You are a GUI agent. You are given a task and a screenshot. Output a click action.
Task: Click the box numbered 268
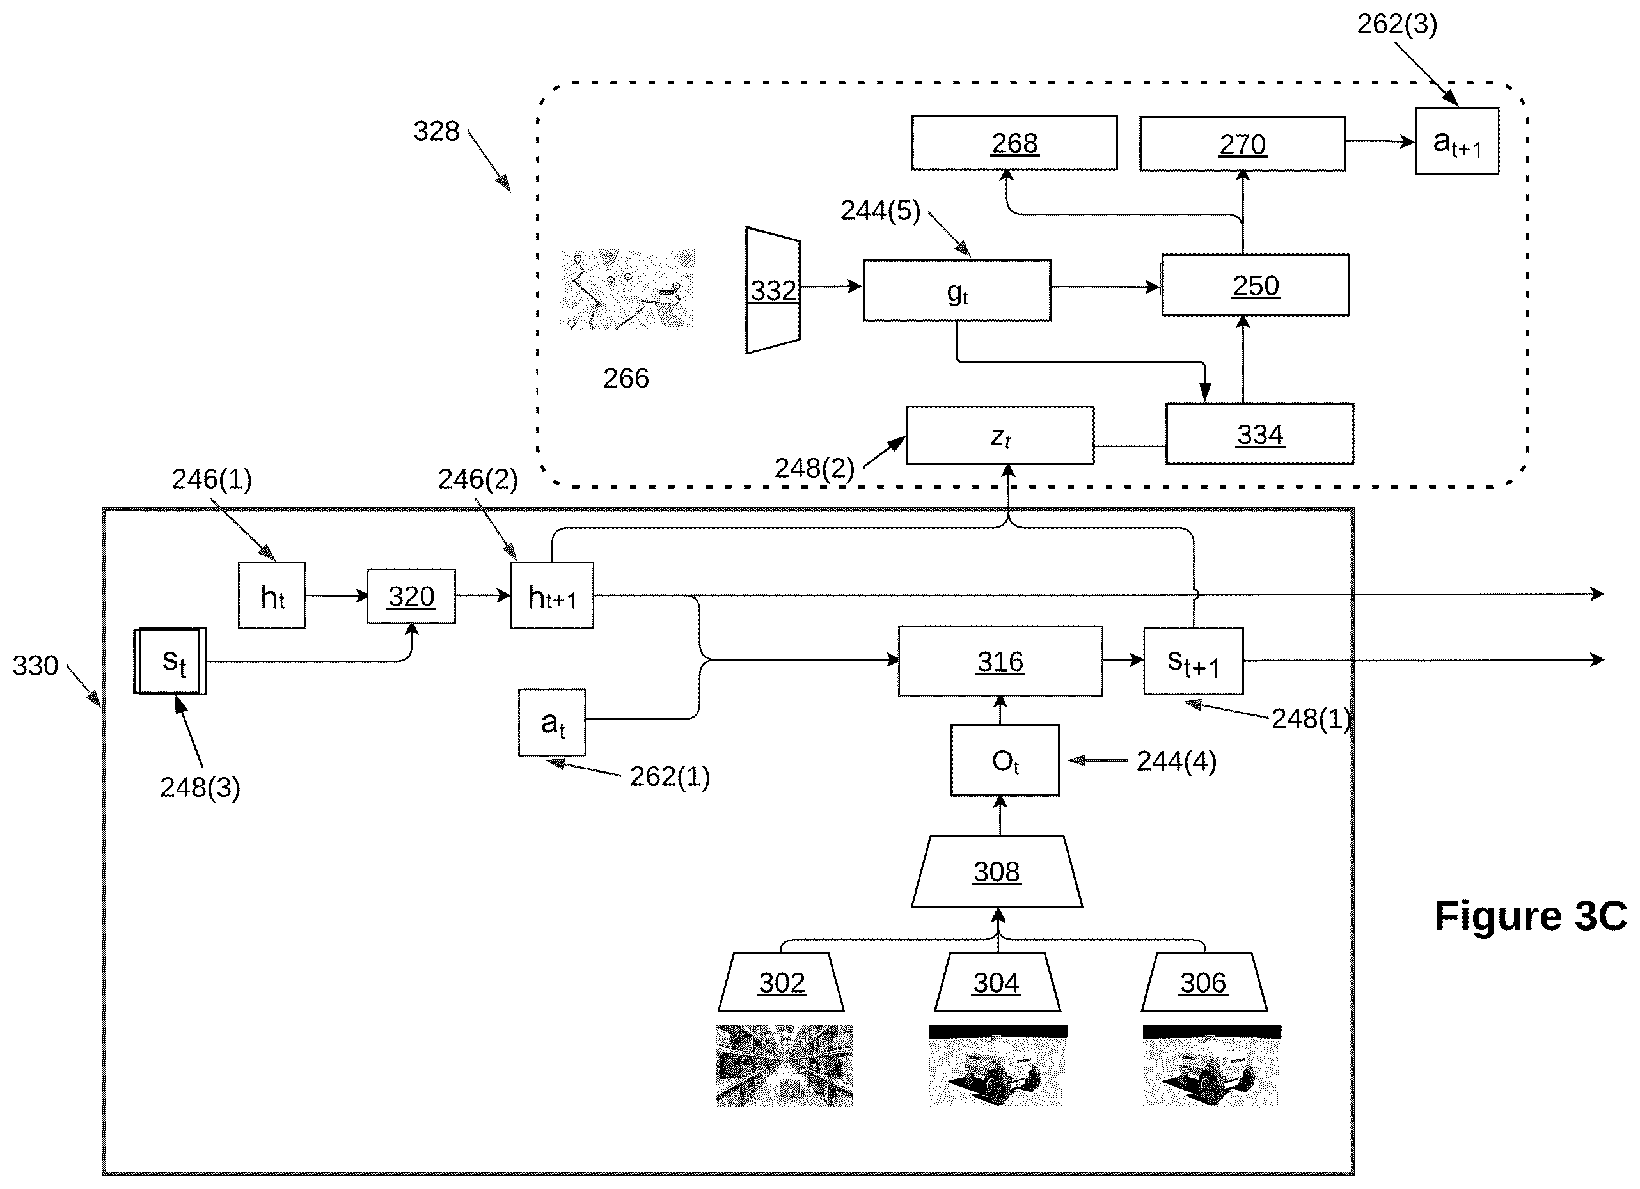click(1014, 143)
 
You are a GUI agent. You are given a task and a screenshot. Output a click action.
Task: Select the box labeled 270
click(1242, 144)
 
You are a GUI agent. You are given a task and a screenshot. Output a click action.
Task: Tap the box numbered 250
click(1256, 285)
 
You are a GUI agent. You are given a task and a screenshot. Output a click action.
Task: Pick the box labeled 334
click(1259, 434)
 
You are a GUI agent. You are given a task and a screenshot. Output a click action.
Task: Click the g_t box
click(957, 290)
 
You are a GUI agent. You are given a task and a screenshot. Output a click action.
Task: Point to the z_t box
click(1000, 436)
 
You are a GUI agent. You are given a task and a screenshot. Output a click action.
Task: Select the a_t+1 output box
click(1457, 141)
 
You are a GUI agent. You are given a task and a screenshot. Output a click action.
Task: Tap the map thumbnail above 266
click(627, 289)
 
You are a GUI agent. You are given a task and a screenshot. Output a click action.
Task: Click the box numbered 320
click(411, 596)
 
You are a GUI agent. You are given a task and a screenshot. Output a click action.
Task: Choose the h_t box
click(272, 595)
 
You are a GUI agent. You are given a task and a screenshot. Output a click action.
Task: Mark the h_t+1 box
click(552, 595)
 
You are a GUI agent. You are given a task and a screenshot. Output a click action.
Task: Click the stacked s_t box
click(171, 661)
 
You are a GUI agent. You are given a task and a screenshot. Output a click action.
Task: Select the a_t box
click(552, 723)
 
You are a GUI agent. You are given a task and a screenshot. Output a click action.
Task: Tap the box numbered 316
click(1000, 661)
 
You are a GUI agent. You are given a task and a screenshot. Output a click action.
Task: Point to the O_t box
click(1004, 760)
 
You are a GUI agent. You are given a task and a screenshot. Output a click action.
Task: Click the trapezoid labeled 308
click(997, 872)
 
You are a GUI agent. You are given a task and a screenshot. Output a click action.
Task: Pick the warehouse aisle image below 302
click(785, 1066)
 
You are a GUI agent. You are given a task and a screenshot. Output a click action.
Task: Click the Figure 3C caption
click(1530, 916)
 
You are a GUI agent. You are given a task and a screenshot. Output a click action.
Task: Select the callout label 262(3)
click(1397, 24)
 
